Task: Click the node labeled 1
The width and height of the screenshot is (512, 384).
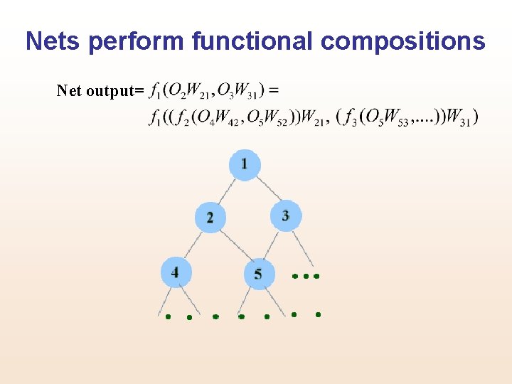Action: point(245,165)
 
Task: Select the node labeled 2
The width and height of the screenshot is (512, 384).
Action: point(210,217)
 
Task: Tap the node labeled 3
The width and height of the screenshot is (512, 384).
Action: point(286,215)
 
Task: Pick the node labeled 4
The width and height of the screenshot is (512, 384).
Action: point(176,271)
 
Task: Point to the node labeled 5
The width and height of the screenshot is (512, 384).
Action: point(259,274)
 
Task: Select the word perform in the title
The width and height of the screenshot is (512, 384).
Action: point(136,41)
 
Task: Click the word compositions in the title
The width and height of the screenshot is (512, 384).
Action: point(403,41)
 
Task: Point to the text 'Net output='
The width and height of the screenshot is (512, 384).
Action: point(100,91)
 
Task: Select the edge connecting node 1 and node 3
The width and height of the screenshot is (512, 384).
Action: point(265,188)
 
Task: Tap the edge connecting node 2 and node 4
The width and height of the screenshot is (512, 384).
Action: point(193,243)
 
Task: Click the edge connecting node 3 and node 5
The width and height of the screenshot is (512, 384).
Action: point(272,245)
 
